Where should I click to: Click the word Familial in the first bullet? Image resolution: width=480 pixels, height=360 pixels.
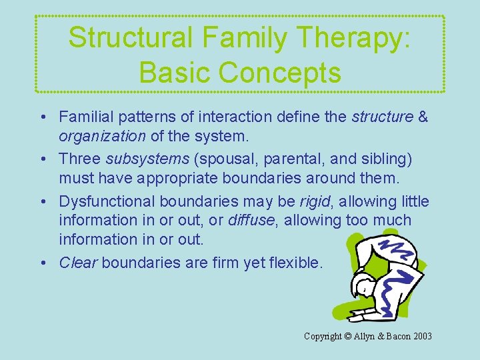click(x=84, y=117)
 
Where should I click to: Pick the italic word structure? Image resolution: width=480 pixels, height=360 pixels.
click(x=382, y=117)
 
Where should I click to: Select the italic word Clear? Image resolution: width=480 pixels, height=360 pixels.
click(x=77, y=263)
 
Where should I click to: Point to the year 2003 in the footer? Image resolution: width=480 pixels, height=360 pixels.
click(x=421, y=336)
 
